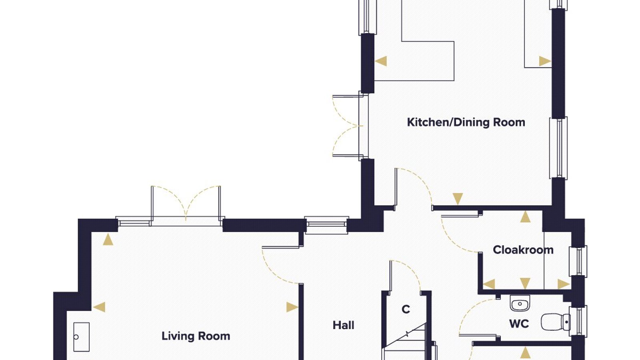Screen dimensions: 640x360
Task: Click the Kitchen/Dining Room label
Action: [466, 122]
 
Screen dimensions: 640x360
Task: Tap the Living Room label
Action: [196, 336]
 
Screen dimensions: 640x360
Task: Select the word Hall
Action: [344, 325]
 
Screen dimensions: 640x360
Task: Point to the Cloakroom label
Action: [523, 250]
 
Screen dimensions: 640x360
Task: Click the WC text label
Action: [519, 324]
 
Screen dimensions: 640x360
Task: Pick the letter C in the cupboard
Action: [406, 309]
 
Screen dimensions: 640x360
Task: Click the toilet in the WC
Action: [556, 322]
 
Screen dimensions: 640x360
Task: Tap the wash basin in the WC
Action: [520, 304]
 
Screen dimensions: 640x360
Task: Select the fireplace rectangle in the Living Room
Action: [82, 337]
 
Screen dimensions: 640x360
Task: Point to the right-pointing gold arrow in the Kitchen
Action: [545, 61]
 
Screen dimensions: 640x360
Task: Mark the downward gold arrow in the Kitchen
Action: [458, 199]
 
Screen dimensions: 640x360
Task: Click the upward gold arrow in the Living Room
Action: [108, 239]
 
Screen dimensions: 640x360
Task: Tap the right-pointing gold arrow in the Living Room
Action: [292, 307]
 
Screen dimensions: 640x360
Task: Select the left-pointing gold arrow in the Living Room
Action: [99, 307]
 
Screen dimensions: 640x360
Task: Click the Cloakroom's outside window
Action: [578, 261]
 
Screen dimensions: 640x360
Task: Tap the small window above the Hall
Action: [326, 225]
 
